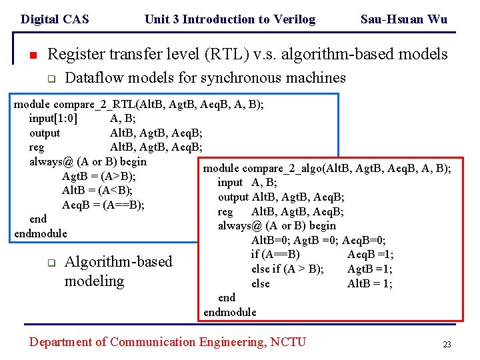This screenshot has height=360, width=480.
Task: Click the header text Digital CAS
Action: pyautogui.click(x=55, y=19)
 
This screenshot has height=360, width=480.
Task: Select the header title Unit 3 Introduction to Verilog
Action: pyautogui.click(x=230, y=19)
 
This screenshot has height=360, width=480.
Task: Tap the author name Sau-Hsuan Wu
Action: pyautogui.click(x=403, y=19)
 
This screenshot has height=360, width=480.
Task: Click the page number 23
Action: pyautogui.click(x=447, y=345)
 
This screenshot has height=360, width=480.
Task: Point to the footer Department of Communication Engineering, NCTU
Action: pyautogui.click(x=167, y=342)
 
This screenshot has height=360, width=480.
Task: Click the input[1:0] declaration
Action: pyautogui.click(x=53, y=119)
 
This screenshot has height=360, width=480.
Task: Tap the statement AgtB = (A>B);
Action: pyautogui.click(x=99, y=176)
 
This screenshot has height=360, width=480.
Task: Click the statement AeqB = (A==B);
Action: pyautogui.click(x=103, y=204)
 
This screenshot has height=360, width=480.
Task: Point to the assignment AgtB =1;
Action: pyautogui.click(x=370, y=269)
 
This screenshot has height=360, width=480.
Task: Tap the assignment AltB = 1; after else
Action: pyautogui.click(x=370, y=283)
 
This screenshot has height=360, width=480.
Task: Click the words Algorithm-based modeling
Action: pyautogui.click(x=118, y=271)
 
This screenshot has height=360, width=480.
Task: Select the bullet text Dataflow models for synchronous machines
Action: pyautogui.click(x=205, y=78)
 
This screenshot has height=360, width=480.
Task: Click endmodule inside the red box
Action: pyautogui.click(x=230, y=312)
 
